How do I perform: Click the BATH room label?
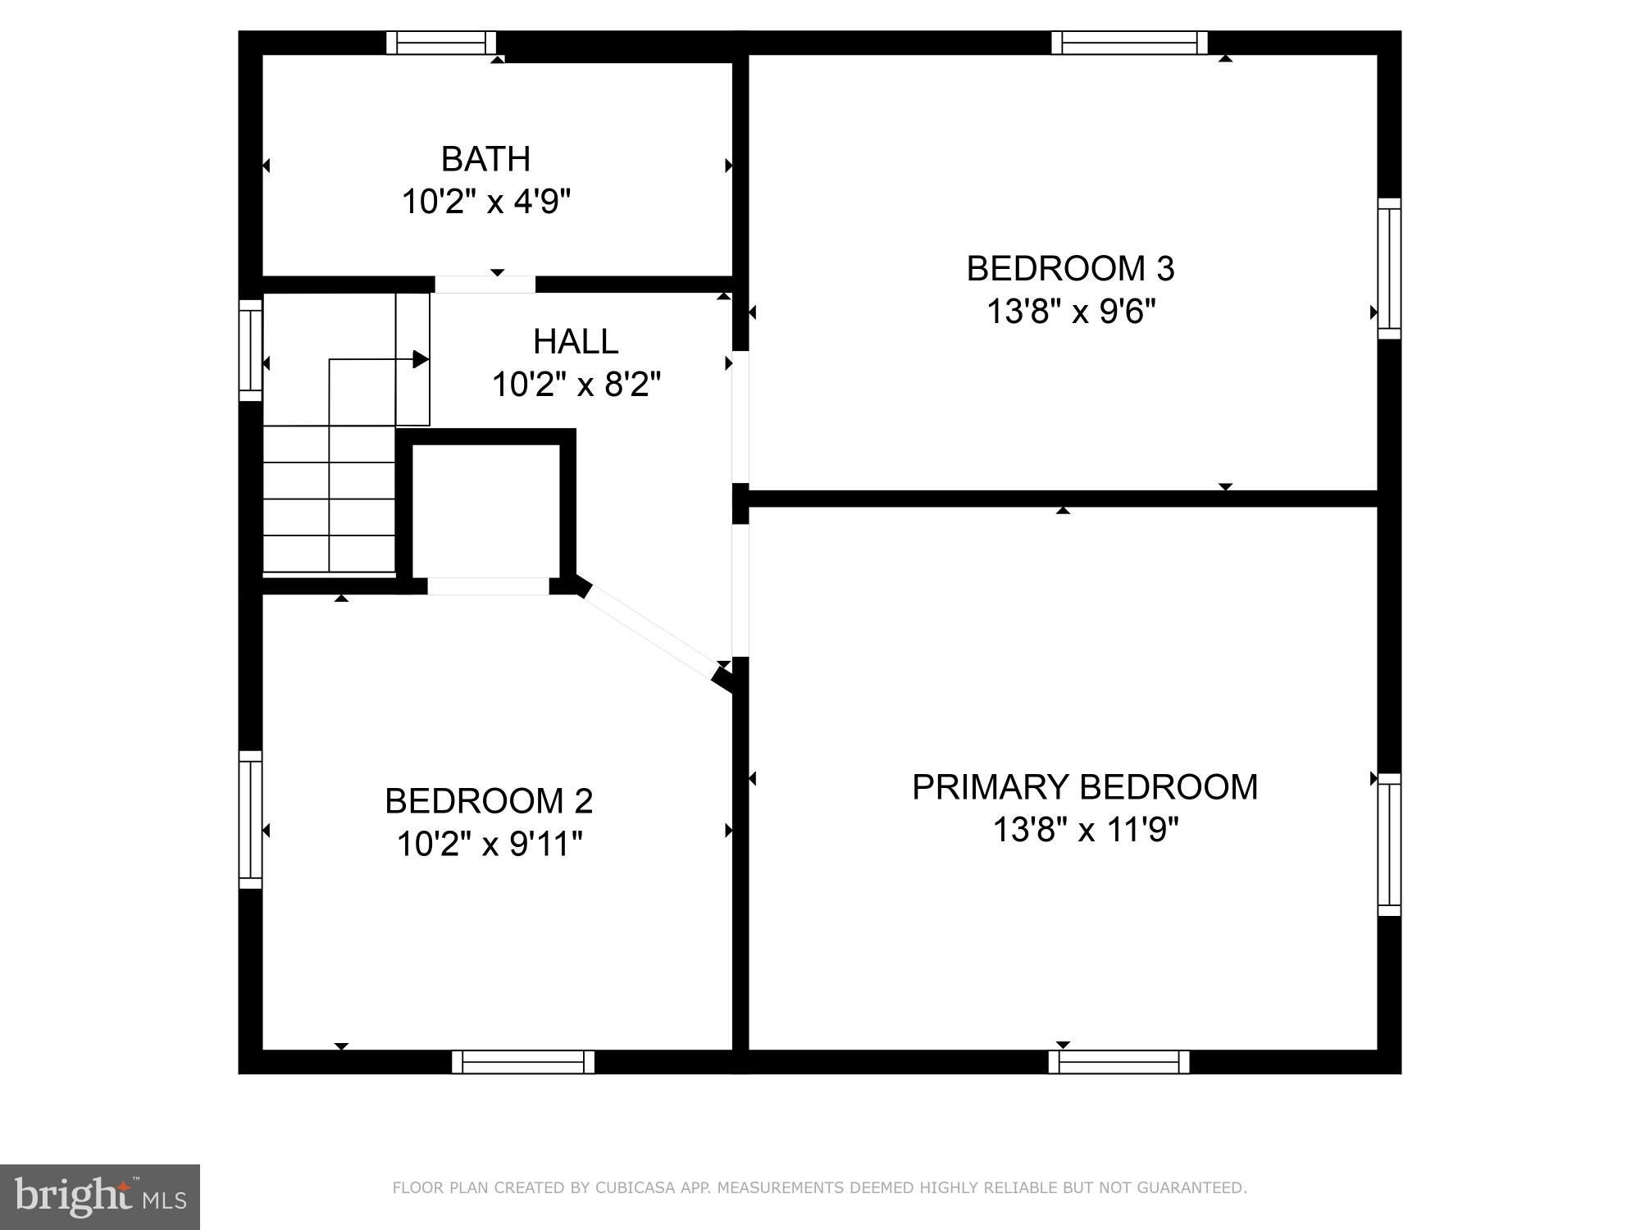tap(485, 159)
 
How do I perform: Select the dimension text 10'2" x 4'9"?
tap(485, 201)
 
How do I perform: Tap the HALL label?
tap(576, 342)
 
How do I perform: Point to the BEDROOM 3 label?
tap(1070, 269)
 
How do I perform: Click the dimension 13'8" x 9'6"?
tap(1070, 312)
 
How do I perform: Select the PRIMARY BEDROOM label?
tap(1084, 787)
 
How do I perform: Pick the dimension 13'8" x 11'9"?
tap(1084, 830)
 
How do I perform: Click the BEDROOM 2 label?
tap(489, 801)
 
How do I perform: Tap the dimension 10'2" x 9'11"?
tap(489, 844)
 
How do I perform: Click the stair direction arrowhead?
tap(421, 359)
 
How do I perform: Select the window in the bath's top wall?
tap(441, 43)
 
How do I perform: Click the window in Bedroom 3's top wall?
tap(1129, 43)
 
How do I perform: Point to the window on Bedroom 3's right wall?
tap(1389, 268)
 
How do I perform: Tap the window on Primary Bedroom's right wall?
tap(1389, 845)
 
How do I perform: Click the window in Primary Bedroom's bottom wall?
tap(1118, 1062)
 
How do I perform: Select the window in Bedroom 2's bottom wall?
tap(523, 1062)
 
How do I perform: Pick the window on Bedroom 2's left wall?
tap(250, 819)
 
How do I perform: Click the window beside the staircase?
tap(250, 350)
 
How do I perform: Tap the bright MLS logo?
tap(100, 1196)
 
